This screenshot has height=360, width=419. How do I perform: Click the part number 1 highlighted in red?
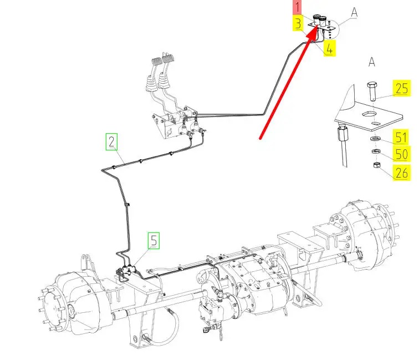(297, 7)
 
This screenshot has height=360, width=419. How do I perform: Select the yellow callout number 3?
(298, 23)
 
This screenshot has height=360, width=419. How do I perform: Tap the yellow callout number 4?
(329, 49)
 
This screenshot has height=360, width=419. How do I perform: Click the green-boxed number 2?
(111, 141)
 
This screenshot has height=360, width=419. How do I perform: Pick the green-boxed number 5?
(154, 240)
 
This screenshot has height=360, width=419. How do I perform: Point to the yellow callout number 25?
(401, 88)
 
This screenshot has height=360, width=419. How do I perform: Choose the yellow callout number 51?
(401, 137)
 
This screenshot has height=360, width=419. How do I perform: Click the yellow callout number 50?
(401, 154)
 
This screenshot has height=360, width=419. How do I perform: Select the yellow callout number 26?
(401, 173)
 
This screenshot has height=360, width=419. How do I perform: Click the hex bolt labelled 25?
(372, 91)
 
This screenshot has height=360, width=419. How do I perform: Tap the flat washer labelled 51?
(375, 139)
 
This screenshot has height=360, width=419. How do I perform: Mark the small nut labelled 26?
(377, 165)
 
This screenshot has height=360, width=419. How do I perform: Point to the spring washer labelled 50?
(376, 151)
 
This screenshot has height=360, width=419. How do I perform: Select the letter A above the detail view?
(372, 62)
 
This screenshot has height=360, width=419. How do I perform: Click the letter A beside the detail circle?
(354, 13)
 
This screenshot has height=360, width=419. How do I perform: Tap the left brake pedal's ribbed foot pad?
(157, 61)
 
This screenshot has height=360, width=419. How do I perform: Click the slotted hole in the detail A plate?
(369, 114)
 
